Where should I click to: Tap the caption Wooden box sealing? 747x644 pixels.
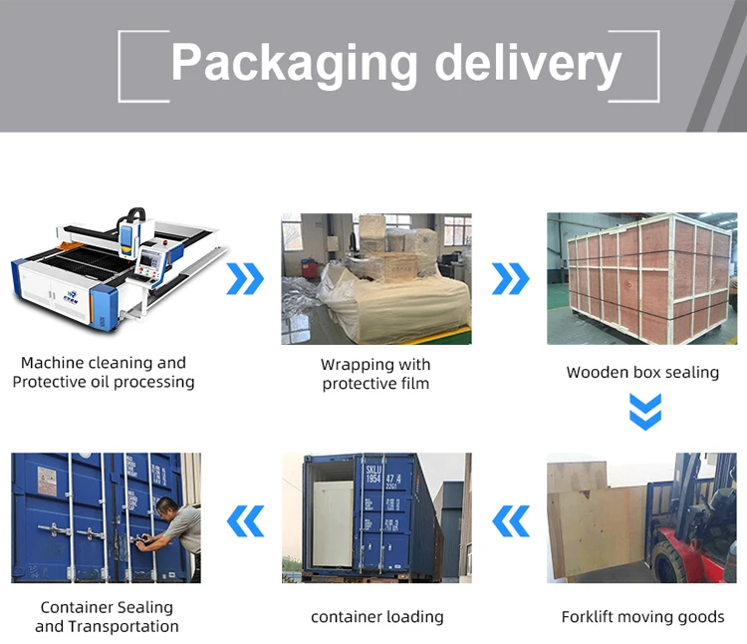pos(642,372)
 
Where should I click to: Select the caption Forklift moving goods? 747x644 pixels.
pos(642,617)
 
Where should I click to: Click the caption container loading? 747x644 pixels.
pos(377,617)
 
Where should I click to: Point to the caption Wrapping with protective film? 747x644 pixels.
pos(375,374)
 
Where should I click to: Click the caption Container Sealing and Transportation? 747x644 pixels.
pos(107,616)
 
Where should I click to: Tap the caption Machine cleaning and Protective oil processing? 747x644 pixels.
pos(104,372)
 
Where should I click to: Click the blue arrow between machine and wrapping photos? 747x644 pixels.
pos(245,279)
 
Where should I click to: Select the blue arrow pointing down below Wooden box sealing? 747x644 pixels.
pos(645,411)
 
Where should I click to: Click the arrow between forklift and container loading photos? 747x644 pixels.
pos(512,519)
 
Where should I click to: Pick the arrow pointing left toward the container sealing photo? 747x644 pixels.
pos(246,519)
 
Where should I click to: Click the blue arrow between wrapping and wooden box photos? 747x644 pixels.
pos(510,279)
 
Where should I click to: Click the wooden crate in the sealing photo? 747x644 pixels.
pos(642,279)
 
